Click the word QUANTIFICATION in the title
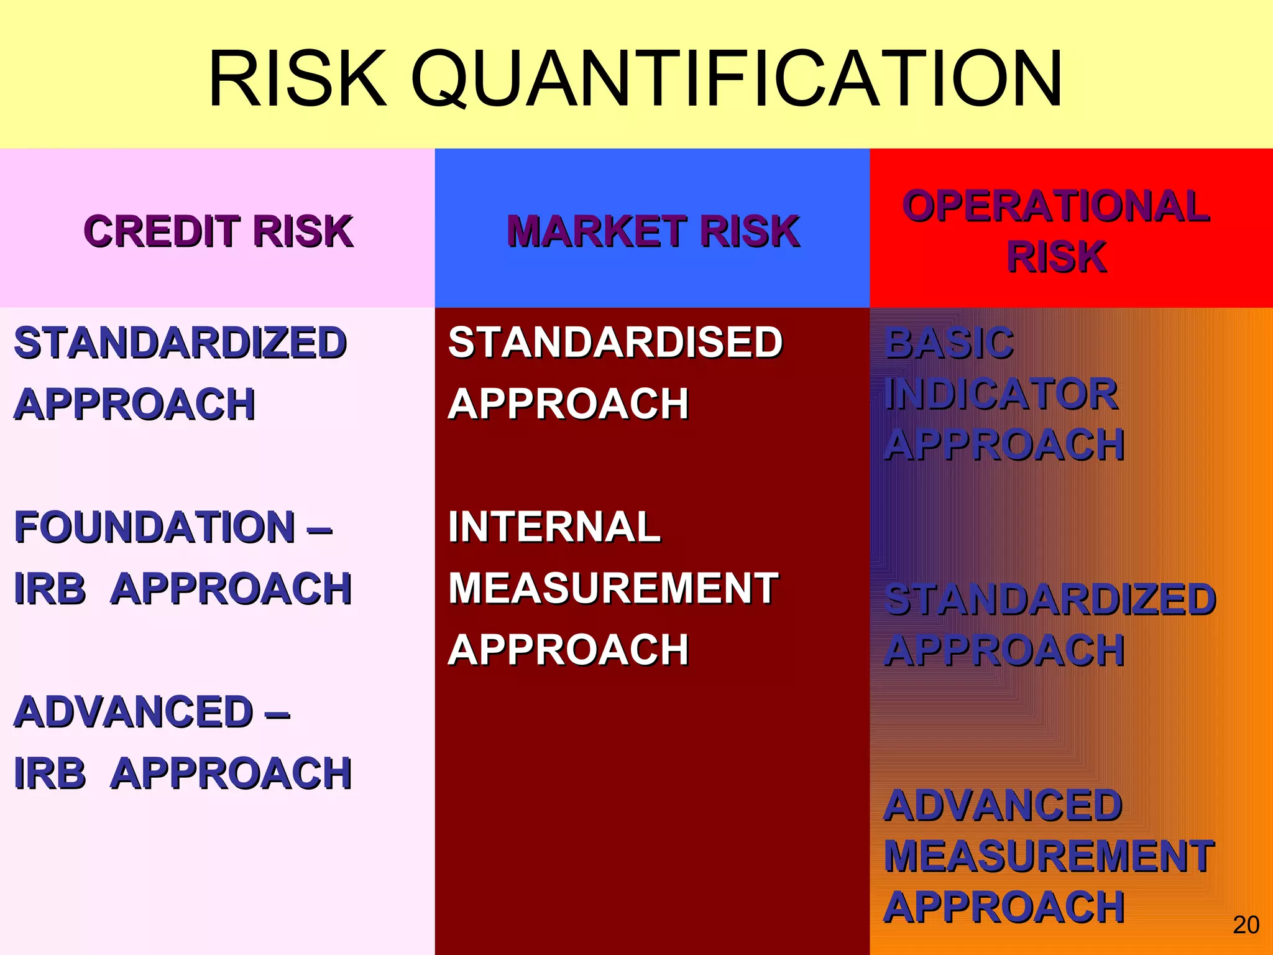click(x=737, y=80)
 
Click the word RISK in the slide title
click(x=297, y=80)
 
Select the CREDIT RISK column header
click(x=218, y=231)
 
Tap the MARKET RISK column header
click(x=653, y=231)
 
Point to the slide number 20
click(x=1246, y=925)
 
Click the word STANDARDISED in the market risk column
click(x=615, y=343)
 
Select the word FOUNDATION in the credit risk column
click(x=155, y=527)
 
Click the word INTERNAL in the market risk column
click(x=554, y=527)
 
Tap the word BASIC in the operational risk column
click(x=949, y=343)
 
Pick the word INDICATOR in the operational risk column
click(x=1001, y=394)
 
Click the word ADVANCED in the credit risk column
click(x=134, y=712)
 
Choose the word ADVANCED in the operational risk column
click(x=1003, y=806)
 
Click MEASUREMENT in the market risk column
click(x=613, y=588)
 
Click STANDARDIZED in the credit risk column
click(x=180, y=343)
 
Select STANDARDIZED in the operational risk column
click(x=1050, y=600)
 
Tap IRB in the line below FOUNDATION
click(x=50, y=588)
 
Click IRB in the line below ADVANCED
click(x=50, y=773)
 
